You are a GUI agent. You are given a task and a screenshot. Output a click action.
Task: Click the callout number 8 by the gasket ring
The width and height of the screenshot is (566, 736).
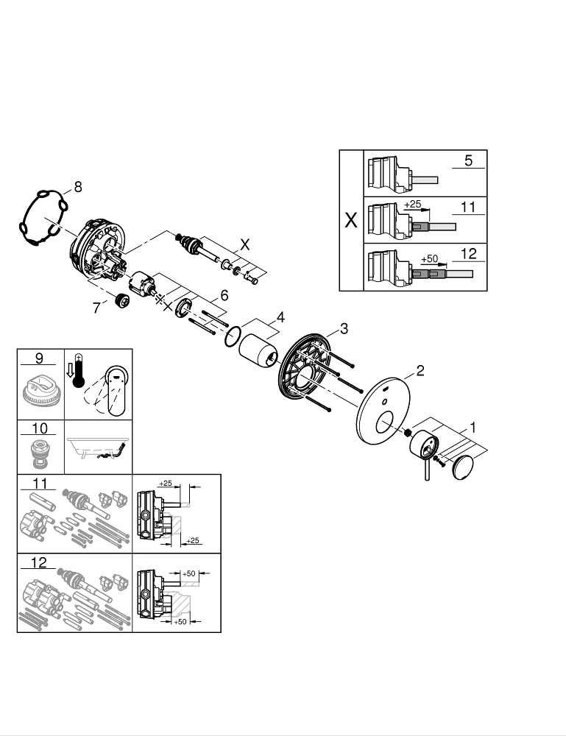pos(78,187)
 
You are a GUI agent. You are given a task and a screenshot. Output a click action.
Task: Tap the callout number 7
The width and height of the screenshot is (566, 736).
pos(96,308)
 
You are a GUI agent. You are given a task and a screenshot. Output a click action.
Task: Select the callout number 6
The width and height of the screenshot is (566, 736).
pos(224,294)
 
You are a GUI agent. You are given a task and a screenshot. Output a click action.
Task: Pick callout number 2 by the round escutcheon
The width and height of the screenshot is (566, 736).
pos(420,370)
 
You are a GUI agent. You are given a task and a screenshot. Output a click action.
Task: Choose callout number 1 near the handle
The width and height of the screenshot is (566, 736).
pos(473,425)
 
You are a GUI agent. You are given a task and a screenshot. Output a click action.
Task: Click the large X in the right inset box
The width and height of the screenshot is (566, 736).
pos(351,220)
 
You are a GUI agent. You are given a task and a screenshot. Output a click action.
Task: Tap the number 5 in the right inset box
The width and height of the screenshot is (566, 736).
pos(468,160)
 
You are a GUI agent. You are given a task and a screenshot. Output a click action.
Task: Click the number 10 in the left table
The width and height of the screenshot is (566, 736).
pos(40,428)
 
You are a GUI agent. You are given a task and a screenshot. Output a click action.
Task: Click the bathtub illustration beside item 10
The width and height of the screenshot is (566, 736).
pos(99,447)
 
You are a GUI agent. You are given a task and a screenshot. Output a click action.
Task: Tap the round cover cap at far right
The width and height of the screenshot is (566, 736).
pos(465,468)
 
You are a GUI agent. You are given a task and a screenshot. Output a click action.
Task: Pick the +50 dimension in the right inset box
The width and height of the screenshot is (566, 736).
pos(430,260)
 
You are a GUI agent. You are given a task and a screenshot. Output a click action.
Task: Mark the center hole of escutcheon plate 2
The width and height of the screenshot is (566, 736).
pos(383,424)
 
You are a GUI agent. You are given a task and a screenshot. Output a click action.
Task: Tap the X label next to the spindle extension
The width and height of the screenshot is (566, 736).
pos(245,244)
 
